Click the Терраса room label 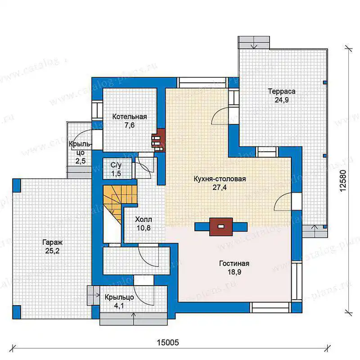coord(282,91)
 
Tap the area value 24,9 coord(282,100)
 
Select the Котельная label coord(130,117)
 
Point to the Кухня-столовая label coord(220,179)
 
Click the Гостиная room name coord(234,263)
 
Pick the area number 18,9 coord(234,272)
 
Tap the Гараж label coord(52,242)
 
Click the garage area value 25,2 coord(52,251)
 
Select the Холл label coord(144,220)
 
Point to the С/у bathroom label coord(116,165)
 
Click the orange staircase coord(117,202)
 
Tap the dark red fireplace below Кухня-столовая coord(221,227)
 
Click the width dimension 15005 coord(168,342)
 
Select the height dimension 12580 coord(342,181)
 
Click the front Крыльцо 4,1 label coord(119,301)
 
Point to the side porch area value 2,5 coord(81,161)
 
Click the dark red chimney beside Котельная coord(158,140)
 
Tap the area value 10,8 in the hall coord(144,228)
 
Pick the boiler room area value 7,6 coord(130,126)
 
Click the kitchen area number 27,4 coord(220,188)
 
